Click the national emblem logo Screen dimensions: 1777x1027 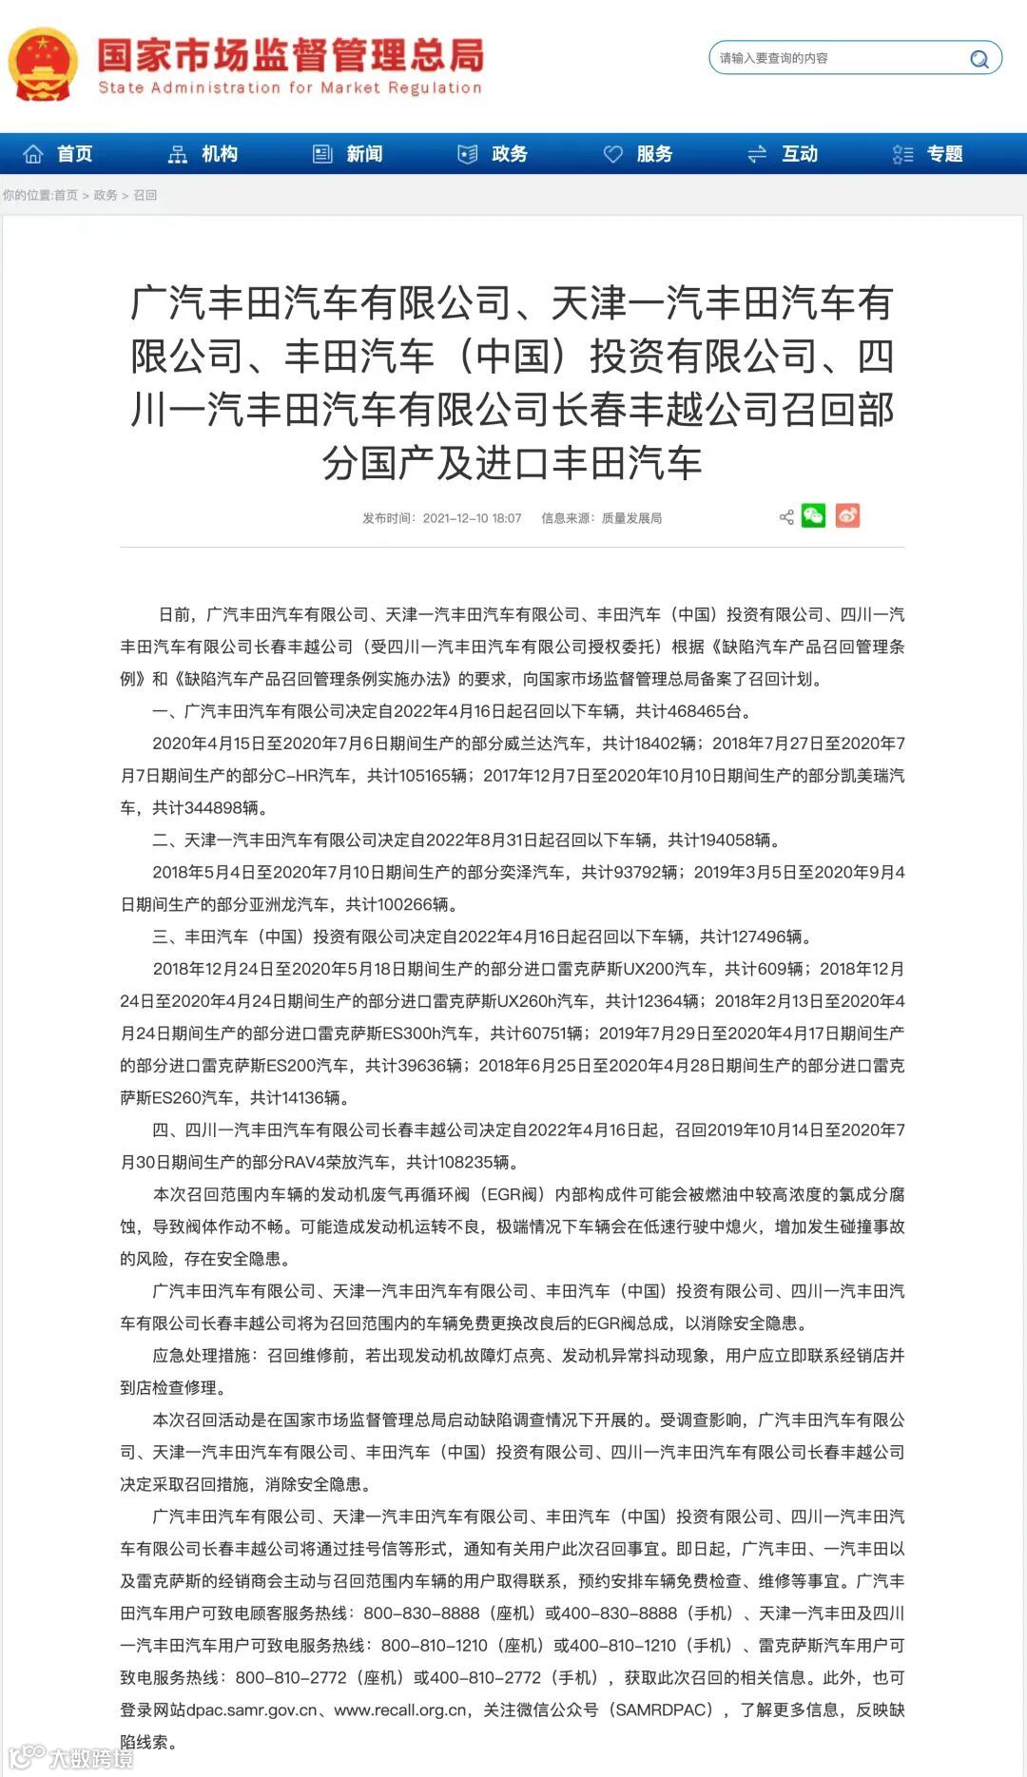tap(42, 65)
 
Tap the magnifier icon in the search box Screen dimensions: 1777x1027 tap(979, 59)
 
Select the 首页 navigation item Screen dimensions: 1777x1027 tap(59, 154)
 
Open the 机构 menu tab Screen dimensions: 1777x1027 tap(203, 154)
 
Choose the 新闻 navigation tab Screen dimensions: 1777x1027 tap(348, 154)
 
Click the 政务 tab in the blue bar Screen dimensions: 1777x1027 tap(494, 154)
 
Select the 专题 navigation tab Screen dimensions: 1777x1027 tap(928, 154)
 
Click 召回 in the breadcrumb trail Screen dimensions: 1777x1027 tap(145, 195)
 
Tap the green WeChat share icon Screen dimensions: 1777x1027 tap(813, 515)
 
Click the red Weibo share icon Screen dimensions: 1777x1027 tap(847, 515)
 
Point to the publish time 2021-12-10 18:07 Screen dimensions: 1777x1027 tap(472, 518)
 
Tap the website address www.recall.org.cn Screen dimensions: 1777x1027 tap(400, 1710)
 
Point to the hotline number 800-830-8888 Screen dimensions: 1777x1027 tap(421, 1613)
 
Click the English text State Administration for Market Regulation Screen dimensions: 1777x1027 tap(290, 88)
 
